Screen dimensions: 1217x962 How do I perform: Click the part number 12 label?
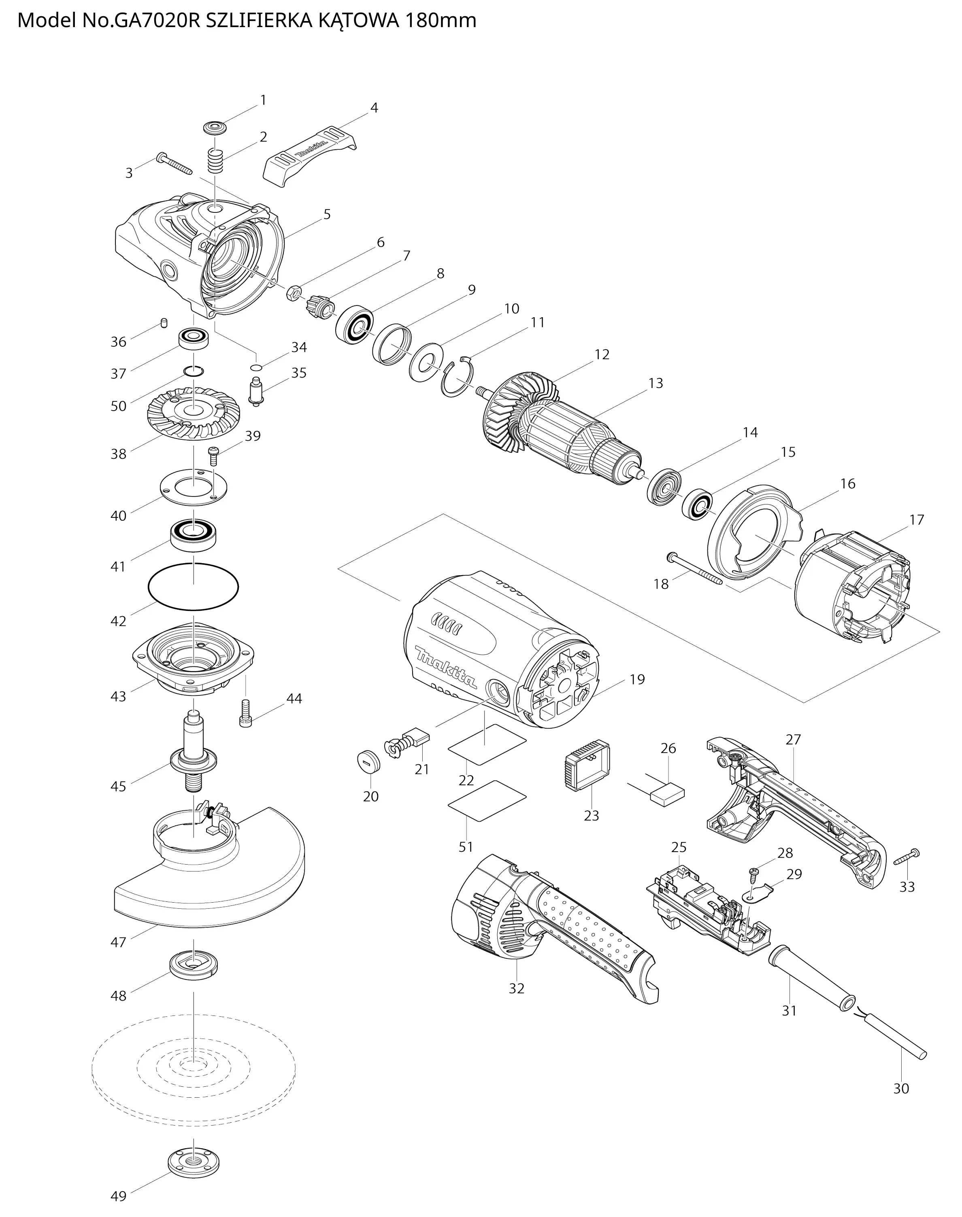[x=602, y=355]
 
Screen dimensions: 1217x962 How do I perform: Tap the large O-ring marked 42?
[x=193, y=586]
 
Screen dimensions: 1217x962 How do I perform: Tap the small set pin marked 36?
[x=164, y=323]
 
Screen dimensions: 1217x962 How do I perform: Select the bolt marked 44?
[x=246, y=712]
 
